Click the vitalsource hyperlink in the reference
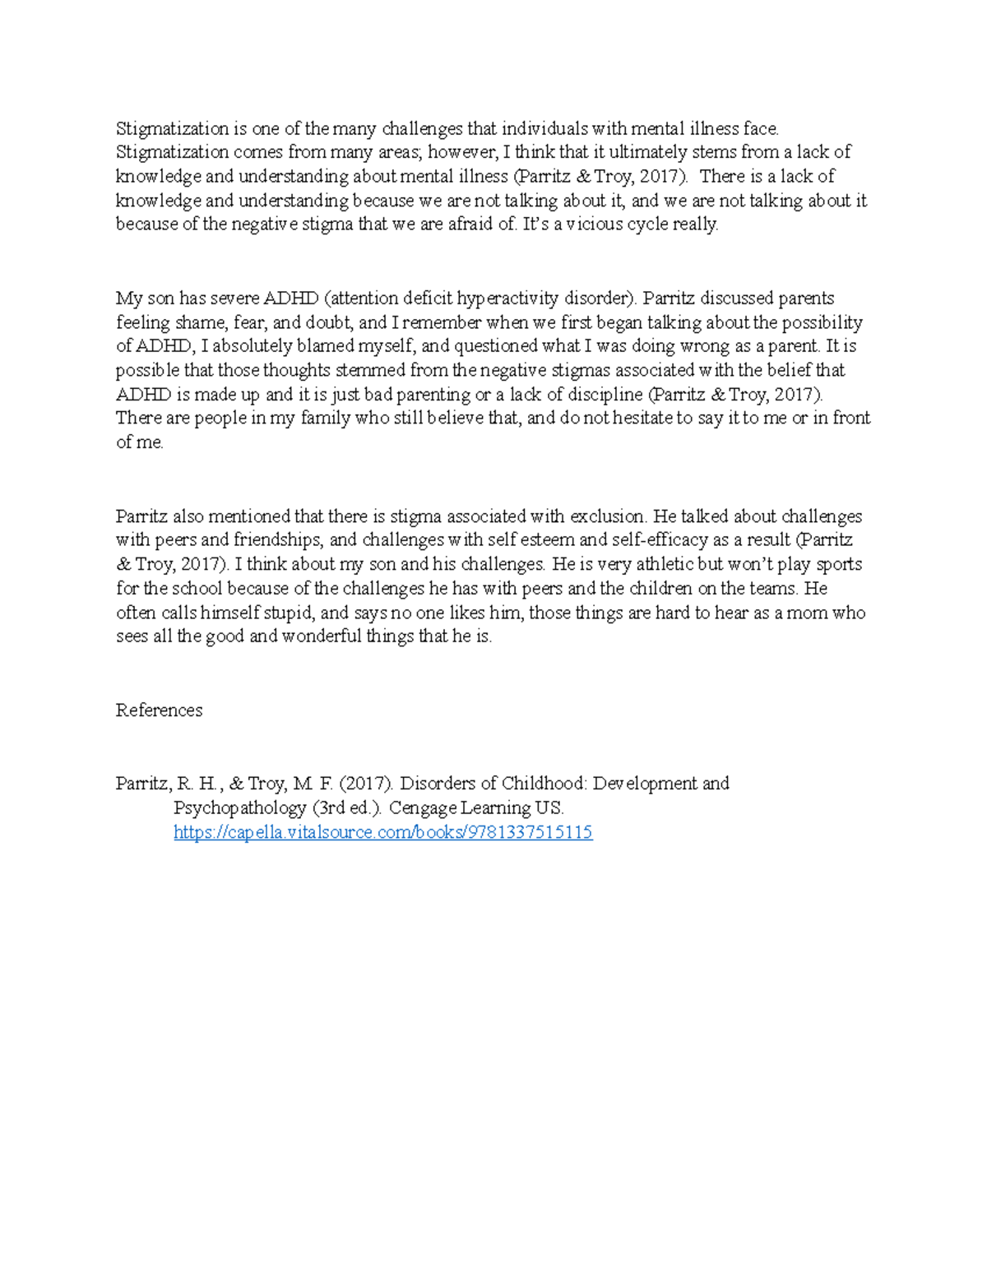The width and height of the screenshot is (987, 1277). click(382, 832)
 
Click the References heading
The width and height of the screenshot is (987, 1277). click(159, 710)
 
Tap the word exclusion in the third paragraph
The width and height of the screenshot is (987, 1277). click(608, 516)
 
